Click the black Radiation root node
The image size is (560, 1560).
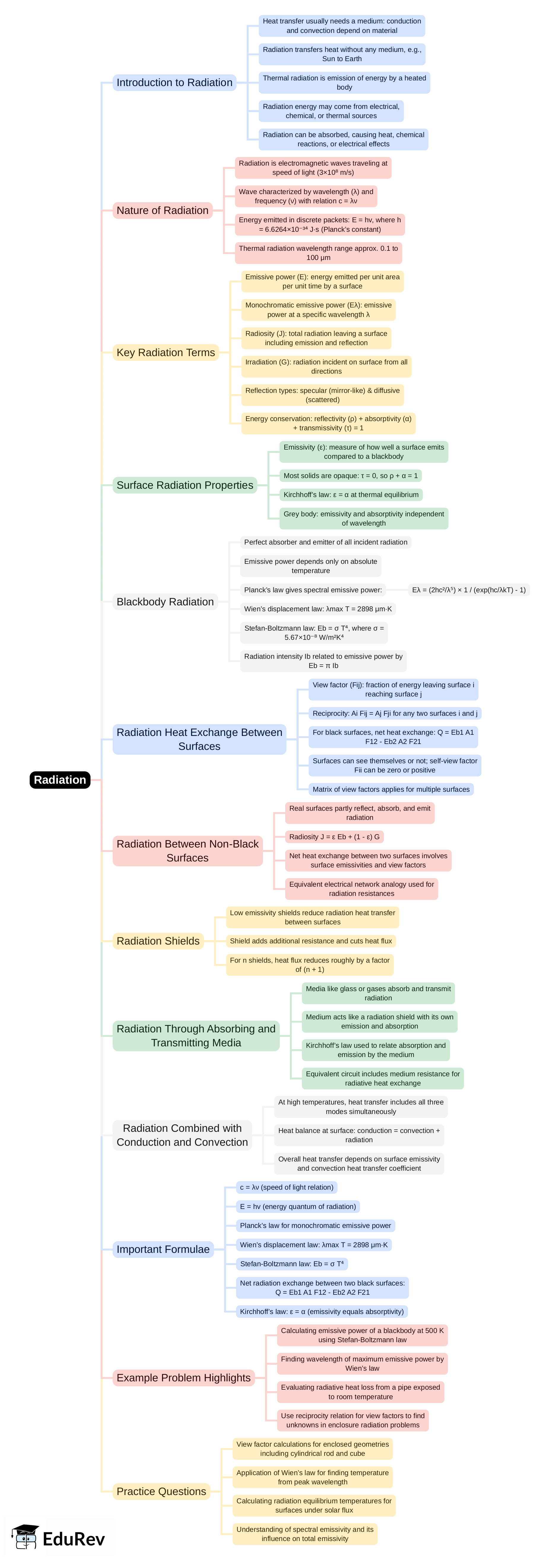pos(60,779)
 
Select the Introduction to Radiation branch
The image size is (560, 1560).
pos(174,82)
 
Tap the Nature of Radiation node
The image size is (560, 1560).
pos(162,210)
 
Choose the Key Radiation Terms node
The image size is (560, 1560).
pos(165,353)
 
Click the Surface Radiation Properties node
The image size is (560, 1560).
pos(185,485)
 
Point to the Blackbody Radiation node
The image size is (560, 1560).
pos(165,601)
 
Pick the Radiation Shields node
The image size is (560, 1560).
pos(158,940)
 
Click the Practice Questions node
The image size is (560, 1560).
pos(161,1491)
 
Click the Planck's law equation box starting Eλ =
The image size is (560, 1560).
pos(469,590)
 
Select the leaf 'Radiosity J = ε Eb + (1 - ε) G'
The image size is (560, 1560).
pos(334,836)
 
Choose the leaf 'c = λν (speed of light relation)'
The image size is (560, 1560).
pos(286,1187)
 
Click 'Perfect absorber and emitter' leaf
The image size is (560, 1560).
pos(326,542)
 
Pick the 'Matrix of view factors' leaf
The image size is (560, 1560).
pos(391,789)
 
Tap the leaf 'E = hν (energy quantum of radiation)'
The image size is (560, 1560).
pos(298,1206)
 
